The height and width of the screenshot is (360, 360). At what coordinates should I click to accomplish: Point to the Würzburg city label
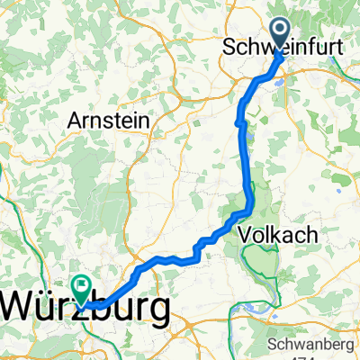pos(88,309)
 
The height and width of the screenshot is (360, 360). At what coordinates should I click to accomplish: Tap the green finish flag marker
pos(83,289)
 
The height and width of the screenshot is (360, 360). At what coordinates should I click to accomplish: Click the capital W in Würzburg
pos(25,309)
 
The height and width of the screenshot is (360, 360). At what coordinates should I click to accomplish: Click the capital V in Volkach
pos(247,236)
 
